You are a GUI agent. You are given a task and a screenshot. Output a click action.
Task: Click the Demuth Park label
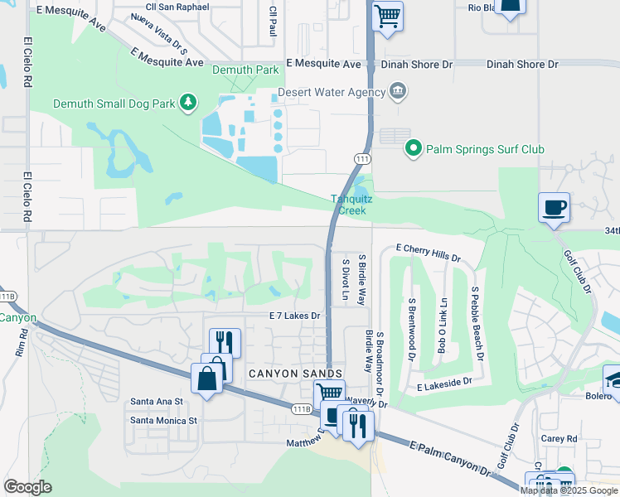pyautogui.click(x=245, y=70)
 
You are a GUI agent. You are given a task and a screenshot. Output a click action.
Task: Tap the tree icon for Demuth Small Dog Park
pyautogui.click(x=190, y=102)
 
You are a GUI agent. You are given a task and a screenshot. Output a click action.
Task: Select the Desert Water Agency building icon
pyautogui.click(x=398, y=89)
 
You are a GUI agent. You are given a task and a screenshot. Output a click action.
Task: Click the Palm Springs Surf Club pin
pyautogui.click(x=413, y=149)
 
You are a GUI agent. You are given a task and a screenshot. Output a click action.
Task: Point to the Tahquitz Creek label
pyautogui.click(x=349, y=205)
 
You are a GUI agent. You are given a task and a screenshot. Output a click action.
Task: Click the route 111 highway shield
pyautogui.click(x=361, y=157)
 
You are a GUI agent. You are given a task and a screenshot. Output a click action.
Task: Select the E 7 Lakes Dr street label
pyautogui.click(x=294, y=316)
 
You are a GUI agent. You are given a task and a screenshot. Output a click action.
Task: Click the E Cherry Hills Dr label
pyautogui.click(x=428, y=248)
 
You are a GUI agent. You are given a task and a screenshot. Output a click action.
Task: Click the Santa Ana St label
pyautogui.click(x=155, y=402)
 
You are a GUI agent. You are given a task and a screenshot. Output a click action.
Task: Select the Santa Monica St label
pyautogui.click(x=164, y=420)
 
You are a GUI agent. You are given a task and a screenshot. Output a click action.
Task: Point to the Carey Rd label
pyautogui.click(x=559, y=439)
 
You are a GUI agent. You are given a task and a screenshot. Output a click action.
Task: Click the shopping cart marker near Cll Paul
pyautogui.click(x=387, y=17)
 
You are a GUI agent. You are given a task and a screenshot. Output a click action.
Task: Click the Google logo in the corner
pyautogui.click(x=27, y=487)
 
